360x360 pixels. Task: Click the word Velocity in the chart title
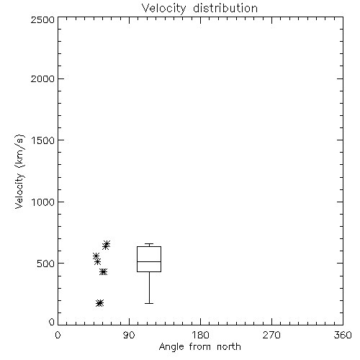(163, 9)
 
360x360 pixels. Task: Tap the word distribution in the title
(225, 8)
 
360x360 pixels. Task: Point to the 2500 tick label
(42, 19)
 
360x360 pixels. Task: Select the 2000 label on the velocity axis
(42, 78)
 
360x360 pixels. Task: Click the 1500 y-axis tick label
(43, 140)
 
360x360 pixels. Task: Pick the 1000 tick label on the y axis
(43, 202)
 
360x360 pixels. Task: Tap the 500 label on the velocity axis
(45, 264)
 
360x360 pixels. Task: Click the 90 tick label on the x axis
(129, 335)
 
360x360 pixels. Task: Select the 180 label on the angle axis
(200, 335)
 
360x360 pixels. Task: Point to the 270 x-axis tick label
(271, 335)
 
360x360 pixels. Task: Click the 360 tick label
(343, 335)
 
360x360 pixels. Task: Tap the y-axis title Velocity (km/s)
(19, 171)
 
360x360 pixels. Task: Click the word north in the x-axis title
(229, 347)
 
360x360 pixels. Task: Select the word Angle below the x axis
(171, 347)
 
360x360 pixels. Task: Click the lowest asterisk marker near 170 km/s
(99, 303)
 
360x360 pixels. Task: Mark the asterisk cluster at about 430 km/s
(104, 272)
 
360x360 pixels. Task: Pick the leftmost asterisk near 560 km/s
(96, 256)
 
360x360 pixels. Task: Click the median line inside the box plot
(149, 261)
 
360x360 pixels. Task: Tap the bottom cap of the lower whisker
(149, 303)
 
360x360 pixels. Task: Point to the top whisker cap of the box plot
(149, 244)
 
